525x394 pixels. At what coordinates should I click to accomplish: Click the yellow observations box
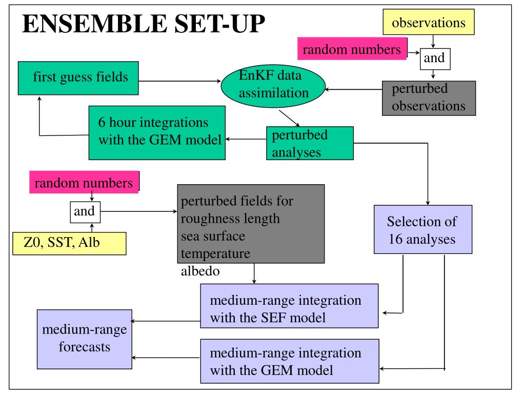coord(429,22)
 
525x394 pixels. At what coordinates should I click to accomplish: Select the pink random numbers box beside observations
coord(352,49)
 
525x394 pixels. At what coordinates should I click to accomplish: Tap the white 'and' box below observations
coord(435,59)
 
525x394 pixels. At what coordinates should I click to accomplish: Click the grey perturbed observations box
coord(429,98)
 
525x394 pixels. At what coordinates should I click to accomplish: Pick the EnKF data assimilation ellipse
coord(273,86)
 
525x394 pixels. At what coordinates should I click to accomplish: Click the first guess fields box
coord(78,78)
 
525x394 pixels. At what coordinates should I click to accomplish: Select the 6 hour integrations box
coord(157,133)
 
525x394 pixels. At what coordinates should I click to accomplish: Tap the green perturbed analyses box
coord(310,143)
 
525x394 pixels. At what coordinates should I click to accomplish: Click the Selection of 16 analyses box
coord(423,229)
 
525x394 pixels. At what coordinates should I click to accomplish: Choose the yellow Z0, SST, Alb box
coord(69,244)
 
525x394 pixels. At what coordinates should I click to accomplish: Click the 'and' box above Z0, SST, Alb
coord(85,212)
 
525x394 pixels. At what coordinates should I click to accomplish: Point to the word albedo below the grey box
coord(200,271)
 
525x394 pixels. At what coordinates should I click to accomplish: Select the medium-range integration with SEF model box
coord(289,306)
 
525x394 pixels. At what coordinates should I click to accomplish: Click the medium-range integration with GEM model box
coord(290,361)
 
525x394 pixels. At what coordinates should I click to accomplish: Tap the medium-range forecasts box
coord(85,340)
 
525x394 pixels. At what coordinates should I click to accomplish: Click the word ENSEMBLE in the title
coord(95,24)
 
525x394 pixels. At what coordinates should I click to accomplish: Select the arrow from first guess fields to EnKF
coord(180,81)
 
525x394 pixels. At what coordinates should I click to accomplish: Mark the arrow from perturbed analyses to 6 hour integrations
coord(246,139)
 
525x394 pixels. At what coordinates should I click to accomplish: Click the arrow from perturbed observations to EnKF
coord(354,89)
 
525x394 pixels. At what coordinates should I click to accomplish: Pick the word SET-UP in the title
coord(220,24)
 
